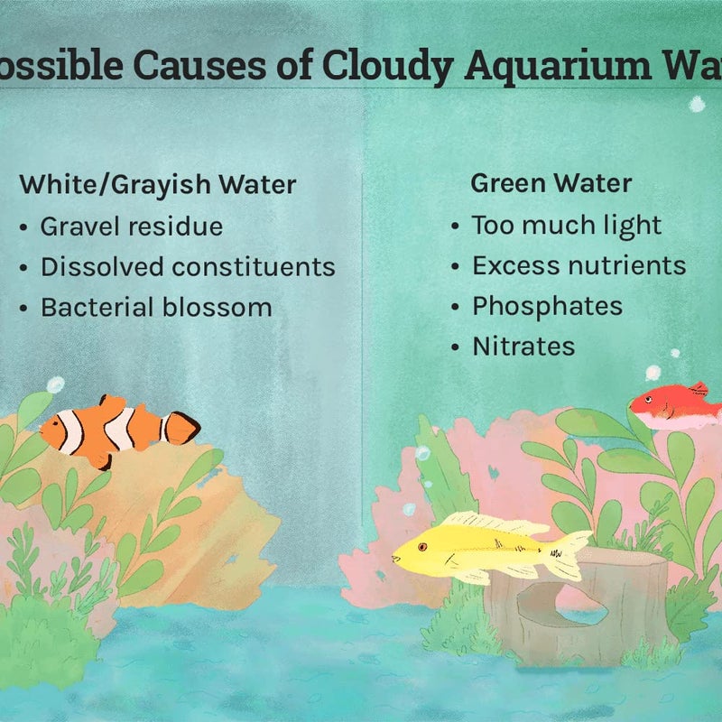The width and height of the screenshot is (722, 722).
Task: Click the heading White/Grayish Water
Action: click(x=158, y=185)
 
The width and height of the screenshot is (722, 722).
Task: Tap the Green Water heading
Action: click(x=551, y=183)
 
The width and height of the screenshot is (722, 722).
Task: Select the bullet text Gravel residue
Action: click(x=131, y=226)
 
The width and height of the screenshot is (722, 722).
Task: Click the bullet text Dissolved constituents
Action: click(x=188, y=266)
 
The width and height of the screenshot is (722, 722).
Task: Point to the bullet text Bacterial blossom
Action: click(x=156, y=307)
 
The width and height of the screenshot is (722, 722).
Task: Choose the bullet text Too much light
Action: click(x=567, y=225)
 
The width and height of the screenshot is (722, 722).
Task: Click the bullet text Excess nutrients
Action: click(x=579, y=265)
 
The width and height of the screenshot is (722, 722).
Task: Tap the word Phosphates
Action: click(x=547, y=306)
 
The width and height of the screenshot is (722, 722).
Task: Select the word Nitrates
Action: click(x=523, y=347)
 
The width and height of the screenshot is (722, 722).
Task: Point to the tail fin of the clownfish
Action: click(x=182, y=428)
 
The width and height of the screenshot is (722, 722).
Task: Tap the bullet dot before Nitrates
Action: click(x=456, y=347)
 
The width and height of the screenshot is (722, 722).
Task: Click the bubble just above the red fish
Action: click(x=653, y=373)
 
